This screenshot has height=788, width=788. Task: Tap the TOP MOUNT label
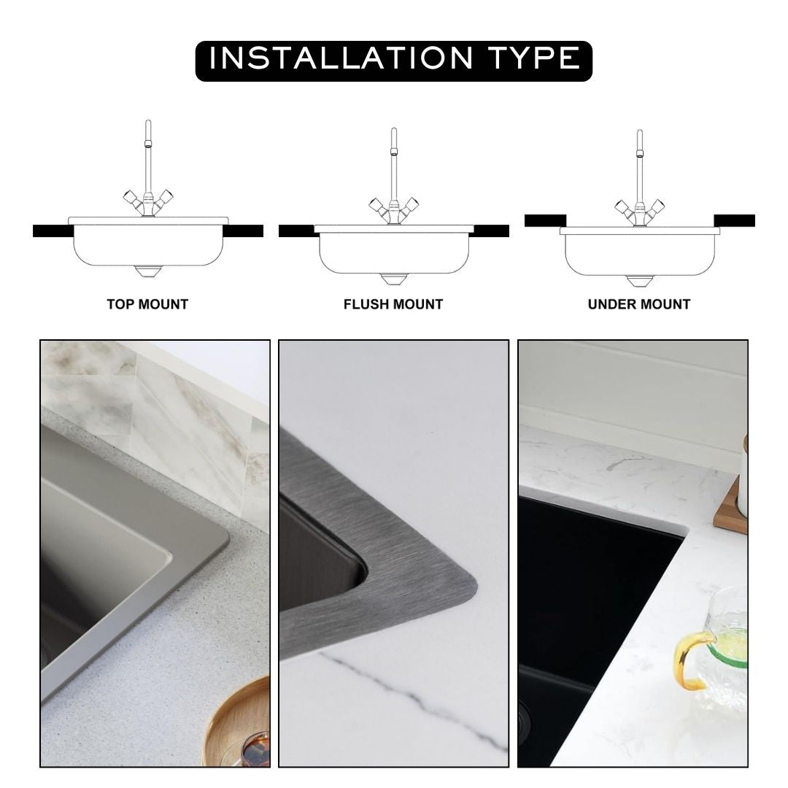coord(147,304)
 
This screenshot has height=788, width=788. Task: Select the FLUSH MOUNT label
coord(393,304)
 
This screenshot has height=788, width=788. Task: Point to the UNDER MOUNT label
coord(639,304)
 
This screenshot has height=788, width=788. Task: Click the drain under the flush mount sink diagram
coord(393,279)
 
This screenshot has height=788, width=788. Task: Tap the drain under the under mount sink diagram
coord(639,281)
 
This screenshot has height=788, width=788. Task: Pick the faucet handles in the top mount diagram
coord(148,200)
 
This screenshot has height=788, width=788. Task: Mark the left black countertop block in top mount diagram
coord(52,231)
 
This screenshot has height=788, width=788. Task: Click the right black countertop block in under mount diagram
coord(734,220)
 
